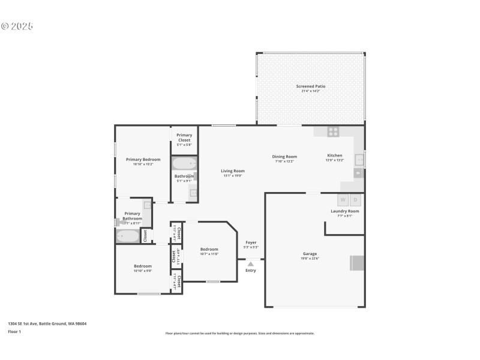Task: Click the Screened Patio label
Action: click(310, 86)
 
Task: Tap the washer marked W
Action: click(343, 200)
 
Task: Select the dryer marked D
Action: click(355, 200)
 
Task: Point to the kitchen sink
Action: click(359, 160)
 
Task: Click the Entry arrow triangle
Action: click(251, 263)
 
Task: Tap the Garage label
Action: click(310, 254)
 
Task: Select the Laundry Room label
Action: click(345, 211)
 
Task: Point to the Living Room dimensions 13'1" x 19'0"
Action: click(233, 176)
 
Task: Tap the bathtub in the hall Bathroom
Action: click(184, 163)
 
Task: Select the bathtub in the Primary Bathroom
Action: click(127, 236)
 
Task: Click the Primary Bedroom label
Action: click(143, 159)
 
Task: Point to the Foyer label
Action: click(251, 242)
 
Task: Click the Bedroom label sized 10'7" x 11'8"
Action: click(209, 249)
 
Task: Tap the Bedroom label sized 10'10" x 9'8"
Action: click(143, 266)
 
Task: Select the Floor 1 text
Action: click(14, 331)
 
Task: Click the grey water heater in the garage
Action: click(357, 263)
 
